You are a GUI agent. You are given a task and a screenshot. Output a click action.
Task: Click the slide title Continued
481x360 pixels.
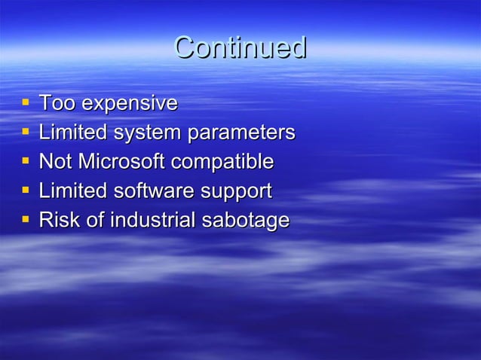click(x=240, y=48)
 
